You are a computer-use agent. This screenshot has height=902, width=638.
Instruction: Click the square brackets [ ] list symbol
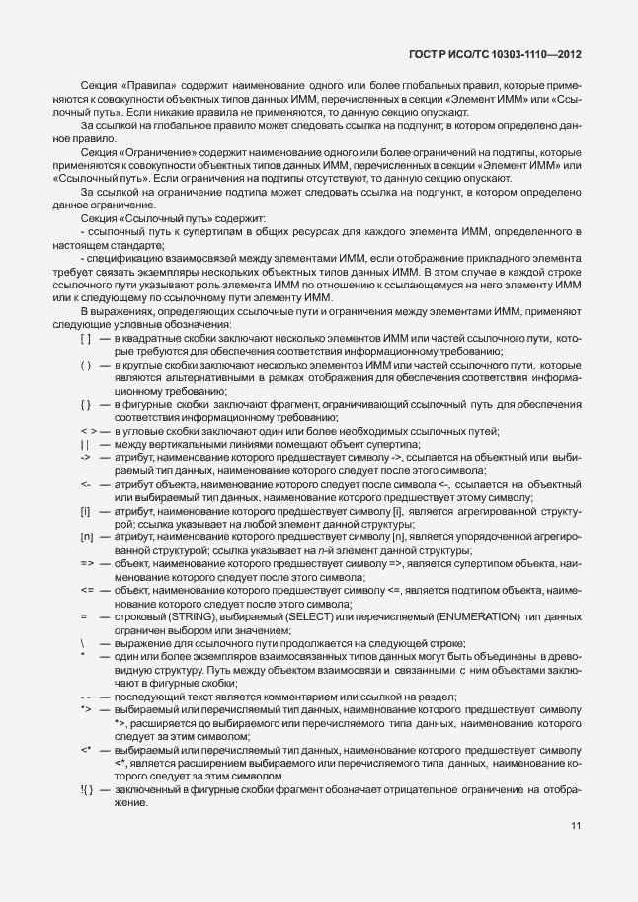coord(86,366)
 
